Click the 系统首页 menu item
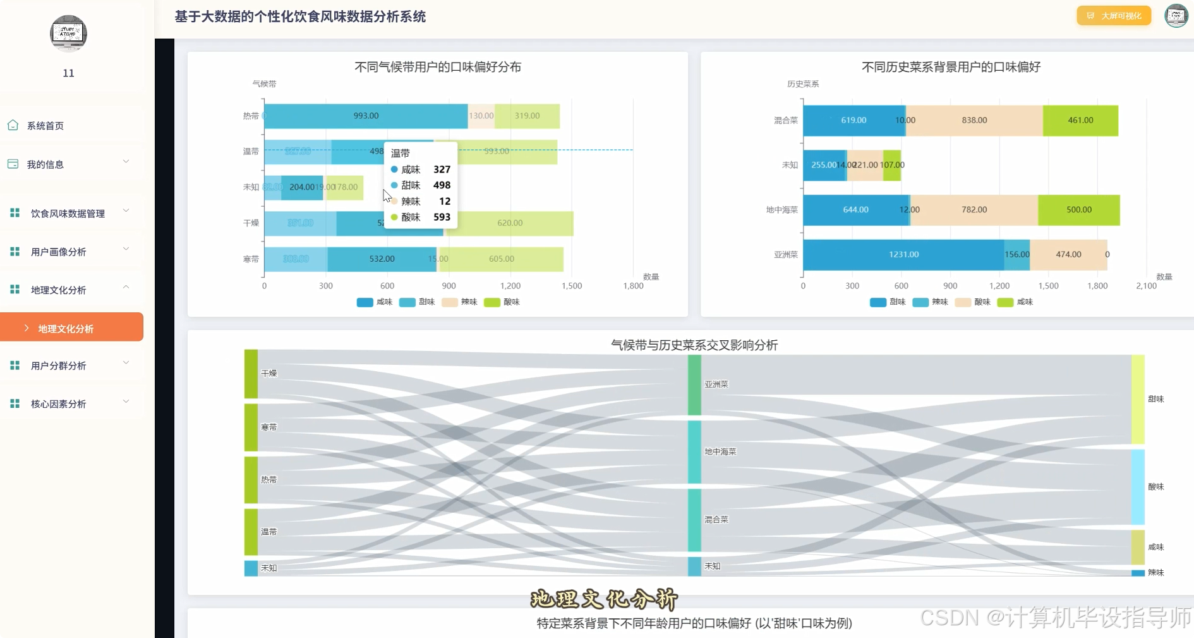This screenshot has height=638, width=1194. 45,126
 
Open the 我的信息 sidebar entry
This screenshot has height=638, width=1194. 45,164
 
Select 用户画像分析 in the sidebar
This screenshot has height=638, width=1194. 58,252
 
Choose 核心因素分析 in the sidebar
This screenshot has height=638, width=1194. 58,403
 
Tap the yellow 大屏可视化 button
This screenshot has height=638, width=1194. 1114,16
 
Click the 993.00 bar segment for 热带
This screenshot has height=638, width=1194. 366,116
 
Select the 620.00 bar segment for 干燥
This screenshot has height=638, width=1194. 509,223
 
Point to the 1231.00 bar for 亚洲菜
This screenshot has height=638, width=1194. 903,254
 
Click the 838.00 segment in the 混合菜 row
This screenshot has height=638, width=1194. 974,120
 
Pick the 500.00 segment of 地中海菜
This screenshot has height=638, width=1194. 1078,209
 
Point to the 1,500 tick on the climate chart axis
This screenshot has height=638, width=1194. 572,286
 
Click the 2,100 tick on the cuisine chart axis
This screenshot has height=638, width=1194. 1146,286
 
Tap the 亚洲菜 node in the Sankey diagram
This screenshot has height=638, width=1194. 694,384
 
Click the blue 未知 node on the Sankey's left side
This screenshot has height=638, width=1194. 251,568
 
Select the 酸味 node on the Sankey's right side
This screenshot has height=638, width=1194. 1137,486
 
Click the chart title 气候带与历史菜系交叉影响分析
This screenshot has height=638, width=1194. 694,345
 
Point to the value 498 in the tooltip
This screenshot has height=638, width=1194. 442,185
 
